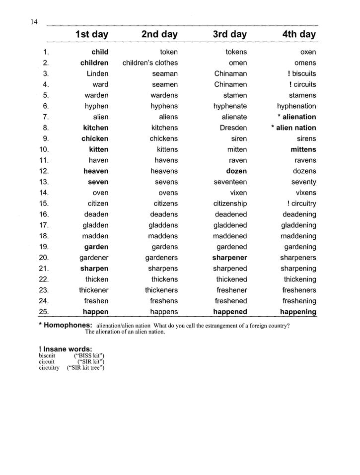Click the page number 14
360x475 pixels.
[x=34, y=21]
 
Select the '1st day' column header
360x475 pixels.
[x=91, y=34]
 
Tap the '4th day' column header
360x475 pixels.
[x=298, y=34]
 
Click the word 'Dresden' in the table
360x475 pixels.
[x=233, y=128]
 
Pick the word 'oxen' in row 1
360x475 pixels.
[x=308, y=52]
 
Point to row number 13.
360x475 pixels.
[x=43, y=182]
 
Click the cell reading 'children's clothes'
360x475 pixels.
[x=150, y=63]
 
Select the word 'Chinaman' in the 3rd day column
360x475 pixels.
[x=230, y=73]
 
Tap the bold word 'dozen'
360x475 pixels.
[x=236, y=171]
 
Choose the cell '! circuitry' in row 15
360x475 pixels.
[x=301, y=204]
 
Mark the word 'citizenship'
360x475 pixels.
[x=230, y=204]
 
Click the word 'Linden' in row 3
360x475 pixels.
[x=97, y=73]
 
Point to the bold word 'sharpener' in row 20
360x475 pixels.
[x=229, y=258]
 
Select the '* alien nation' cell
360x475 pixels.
[x=293, y=128]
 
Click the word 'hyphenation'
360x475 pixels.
[x=296, y=106]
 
